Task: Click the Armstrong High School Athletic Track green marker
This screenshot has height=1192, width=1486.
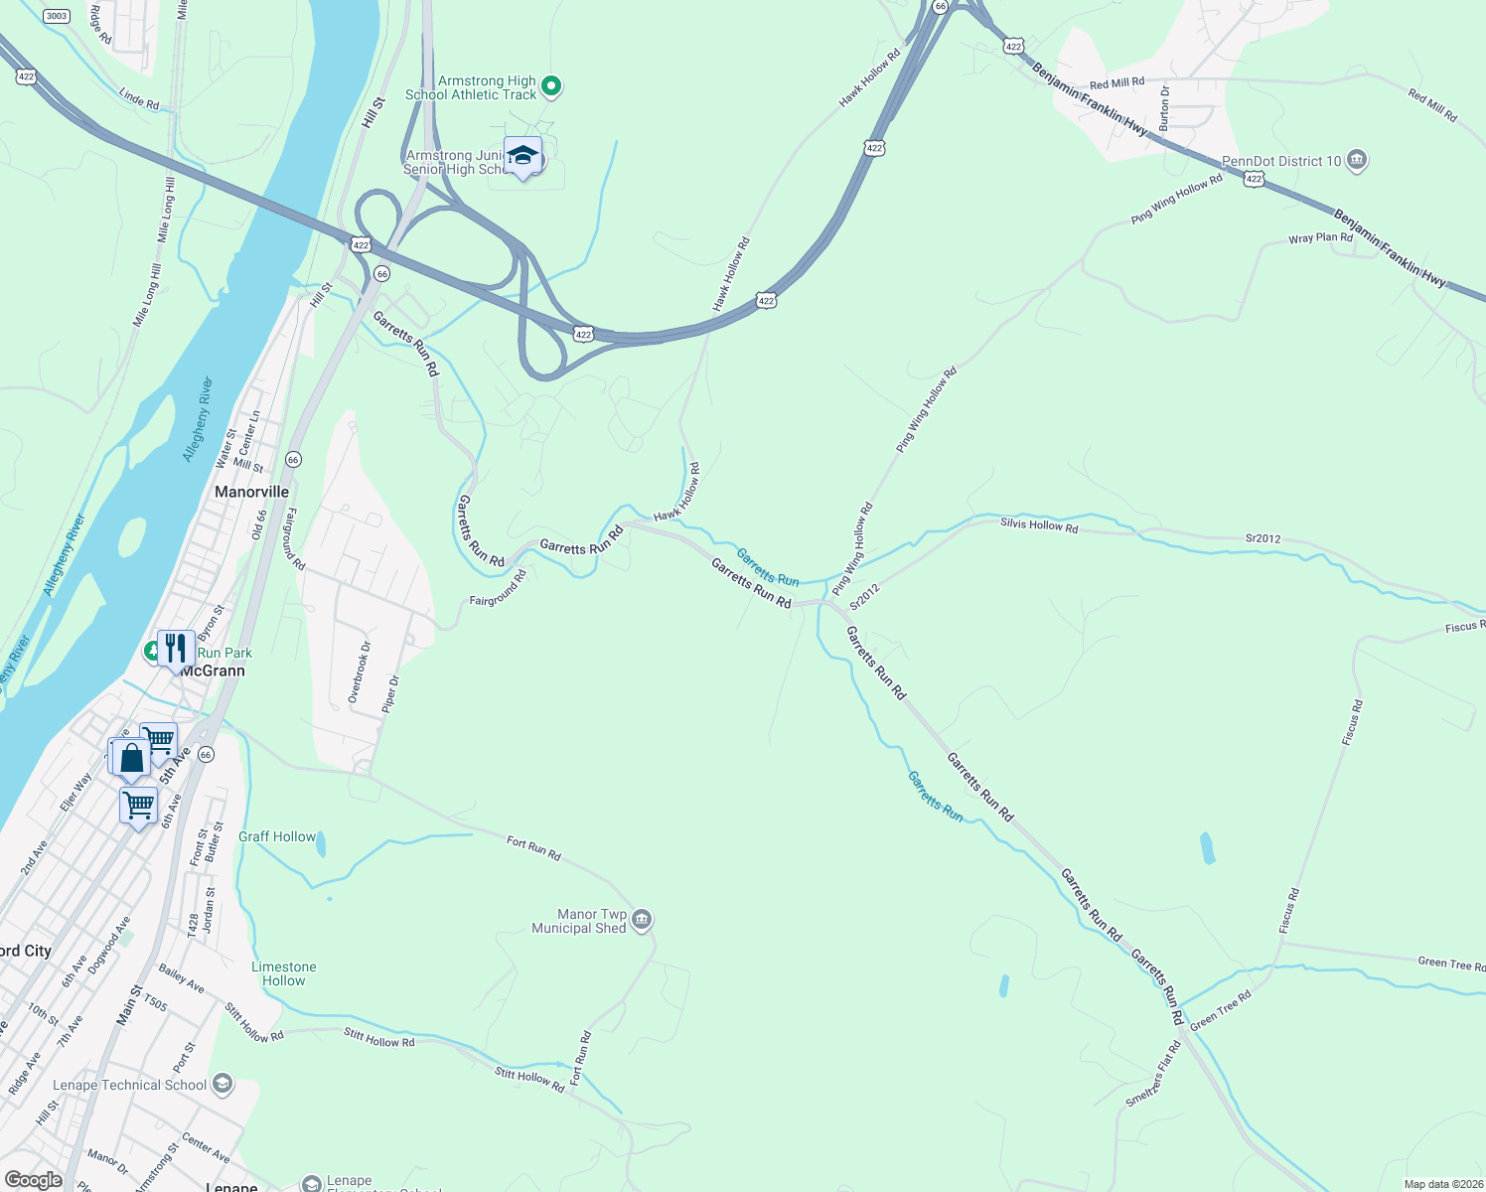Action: point(552,87)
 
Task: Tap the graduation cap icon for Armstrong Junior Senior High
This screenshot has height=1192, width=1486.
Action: point(522,157)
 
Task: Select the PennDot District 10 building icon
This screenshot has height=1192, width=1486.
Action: point(1358,161)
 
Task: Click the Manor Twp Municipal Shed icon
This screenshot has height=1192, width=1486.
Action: point(642,921)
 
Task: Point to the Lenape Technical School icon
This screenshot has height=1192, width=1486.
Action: point(223,1084)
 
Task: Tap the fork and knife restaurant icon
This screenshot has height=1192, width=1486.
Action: point(176,649)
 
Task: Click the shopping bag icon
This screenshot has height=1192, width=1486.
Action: point(131,759)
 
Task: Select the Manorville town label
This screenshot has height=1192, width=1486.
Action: point(252,492)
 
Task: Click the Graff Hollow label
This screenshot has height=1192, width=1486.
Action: point(277,836)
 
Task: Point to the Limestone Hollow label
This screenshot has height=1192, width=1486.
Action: point(283,973)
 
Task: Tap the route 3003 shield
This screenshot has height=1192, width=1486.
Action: point(57,15)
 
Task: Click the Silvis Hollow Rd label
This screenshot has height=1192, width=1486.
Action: point(1039,524)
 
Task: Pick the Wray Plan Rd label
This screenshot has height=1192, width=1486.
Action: point(1320,238)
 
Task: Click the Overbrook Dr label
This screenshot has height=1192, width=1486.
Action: point(360,672)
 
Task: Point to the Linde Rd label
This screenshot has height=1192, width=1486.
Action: point(139,99)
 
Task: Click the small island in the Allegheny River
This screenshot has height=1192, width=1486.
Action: point(131,537)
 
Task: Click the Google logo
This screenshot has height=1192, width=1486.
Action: point(34,1180)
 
